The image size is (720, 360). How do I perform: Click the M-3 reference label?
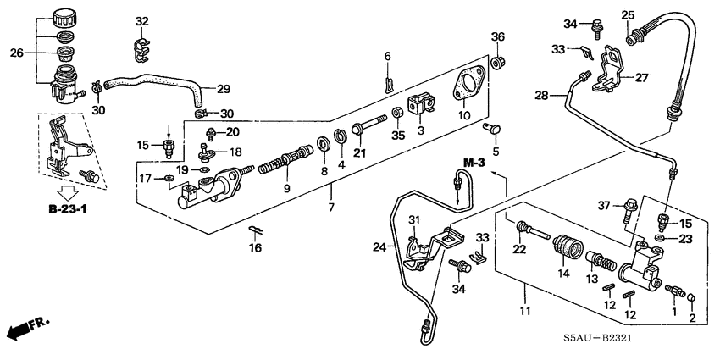coord(474,162)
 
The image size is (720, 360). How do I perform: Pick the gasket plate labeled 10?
coord(467,86)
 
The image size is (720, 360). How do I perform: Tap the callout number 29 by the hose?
coord(223,89)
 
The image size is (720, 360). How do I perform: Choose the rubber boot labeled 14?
coord(563,252)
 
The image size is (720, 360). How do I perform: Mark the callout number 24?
coord(379,247)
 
